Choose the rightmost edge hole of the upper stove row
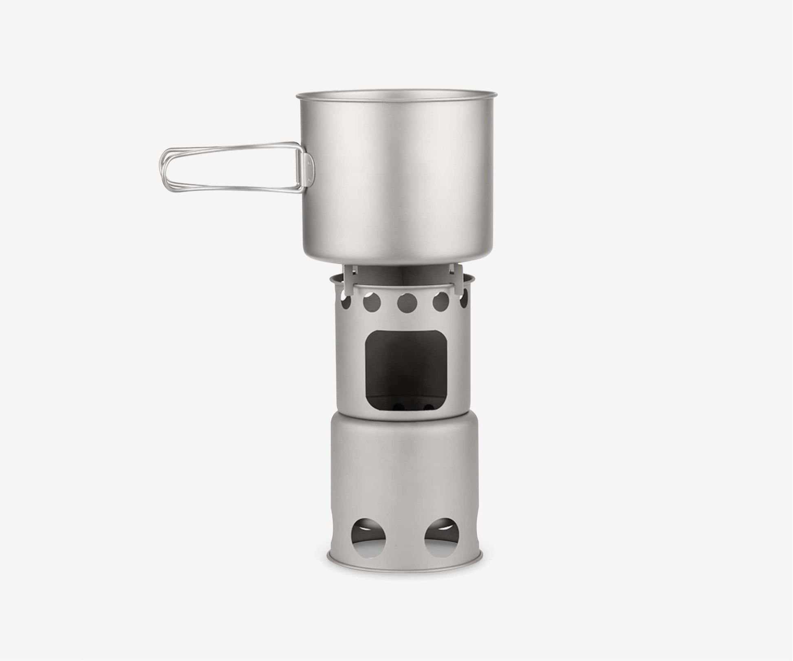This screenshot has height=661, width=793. click(464, 302)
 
